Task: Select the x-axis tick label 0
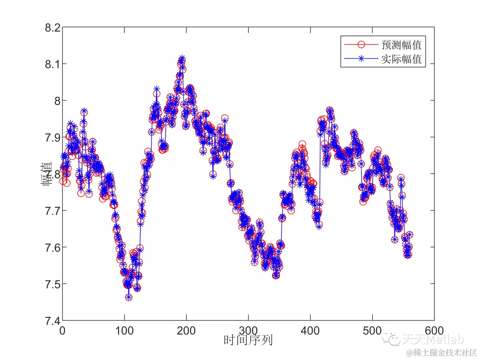[x=62, y=331]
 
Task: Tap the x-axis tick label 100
[x=124, y=331]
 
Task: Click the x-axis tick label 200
[x=186, y=331]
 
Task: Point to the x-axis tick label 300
[x=248, y=331]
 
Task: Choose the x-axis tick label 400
[x=310, y=331]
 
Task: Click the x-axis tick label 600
[x=434, y=331]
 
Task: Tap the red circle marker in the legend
[x=361, y=44]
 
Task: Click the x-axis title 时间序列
[x=248, y=341]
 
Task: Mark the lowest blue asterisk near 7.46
[x=128, y=297]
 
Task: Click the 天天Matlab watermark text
[x=433, y=340]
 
